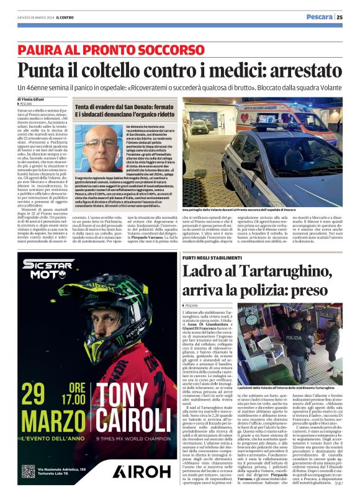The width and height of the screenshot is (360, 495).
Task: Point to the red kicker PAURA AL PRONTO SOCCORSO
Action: tap(111, 49)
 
